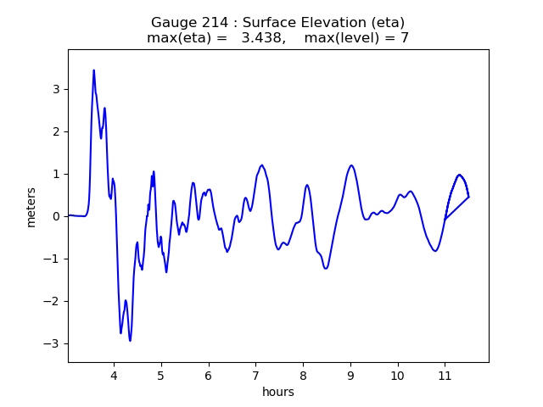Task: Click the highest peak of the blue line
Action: pos(93,70)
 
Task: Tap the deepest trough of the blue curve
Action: pos(130,341)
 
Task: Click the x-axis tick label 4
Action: pos(113,375)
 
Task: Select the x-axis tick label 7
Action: pos(255,375)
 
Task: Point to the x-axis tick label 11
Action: pos(445,375)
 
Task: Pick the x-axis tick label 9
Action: pos(350,375)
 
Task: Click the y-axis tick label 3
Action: pos(54,89)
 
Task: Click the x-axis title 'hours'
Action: pos(278,392)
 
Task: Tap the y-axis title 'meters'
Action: pos(31,205)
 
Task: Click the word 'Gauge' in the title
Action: pos(172,22)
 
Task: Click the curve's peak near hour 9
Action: pos(351,165)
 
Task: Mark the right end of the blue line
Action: pos(468,197)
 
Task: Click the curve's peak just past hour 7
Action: pos(262,165)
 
